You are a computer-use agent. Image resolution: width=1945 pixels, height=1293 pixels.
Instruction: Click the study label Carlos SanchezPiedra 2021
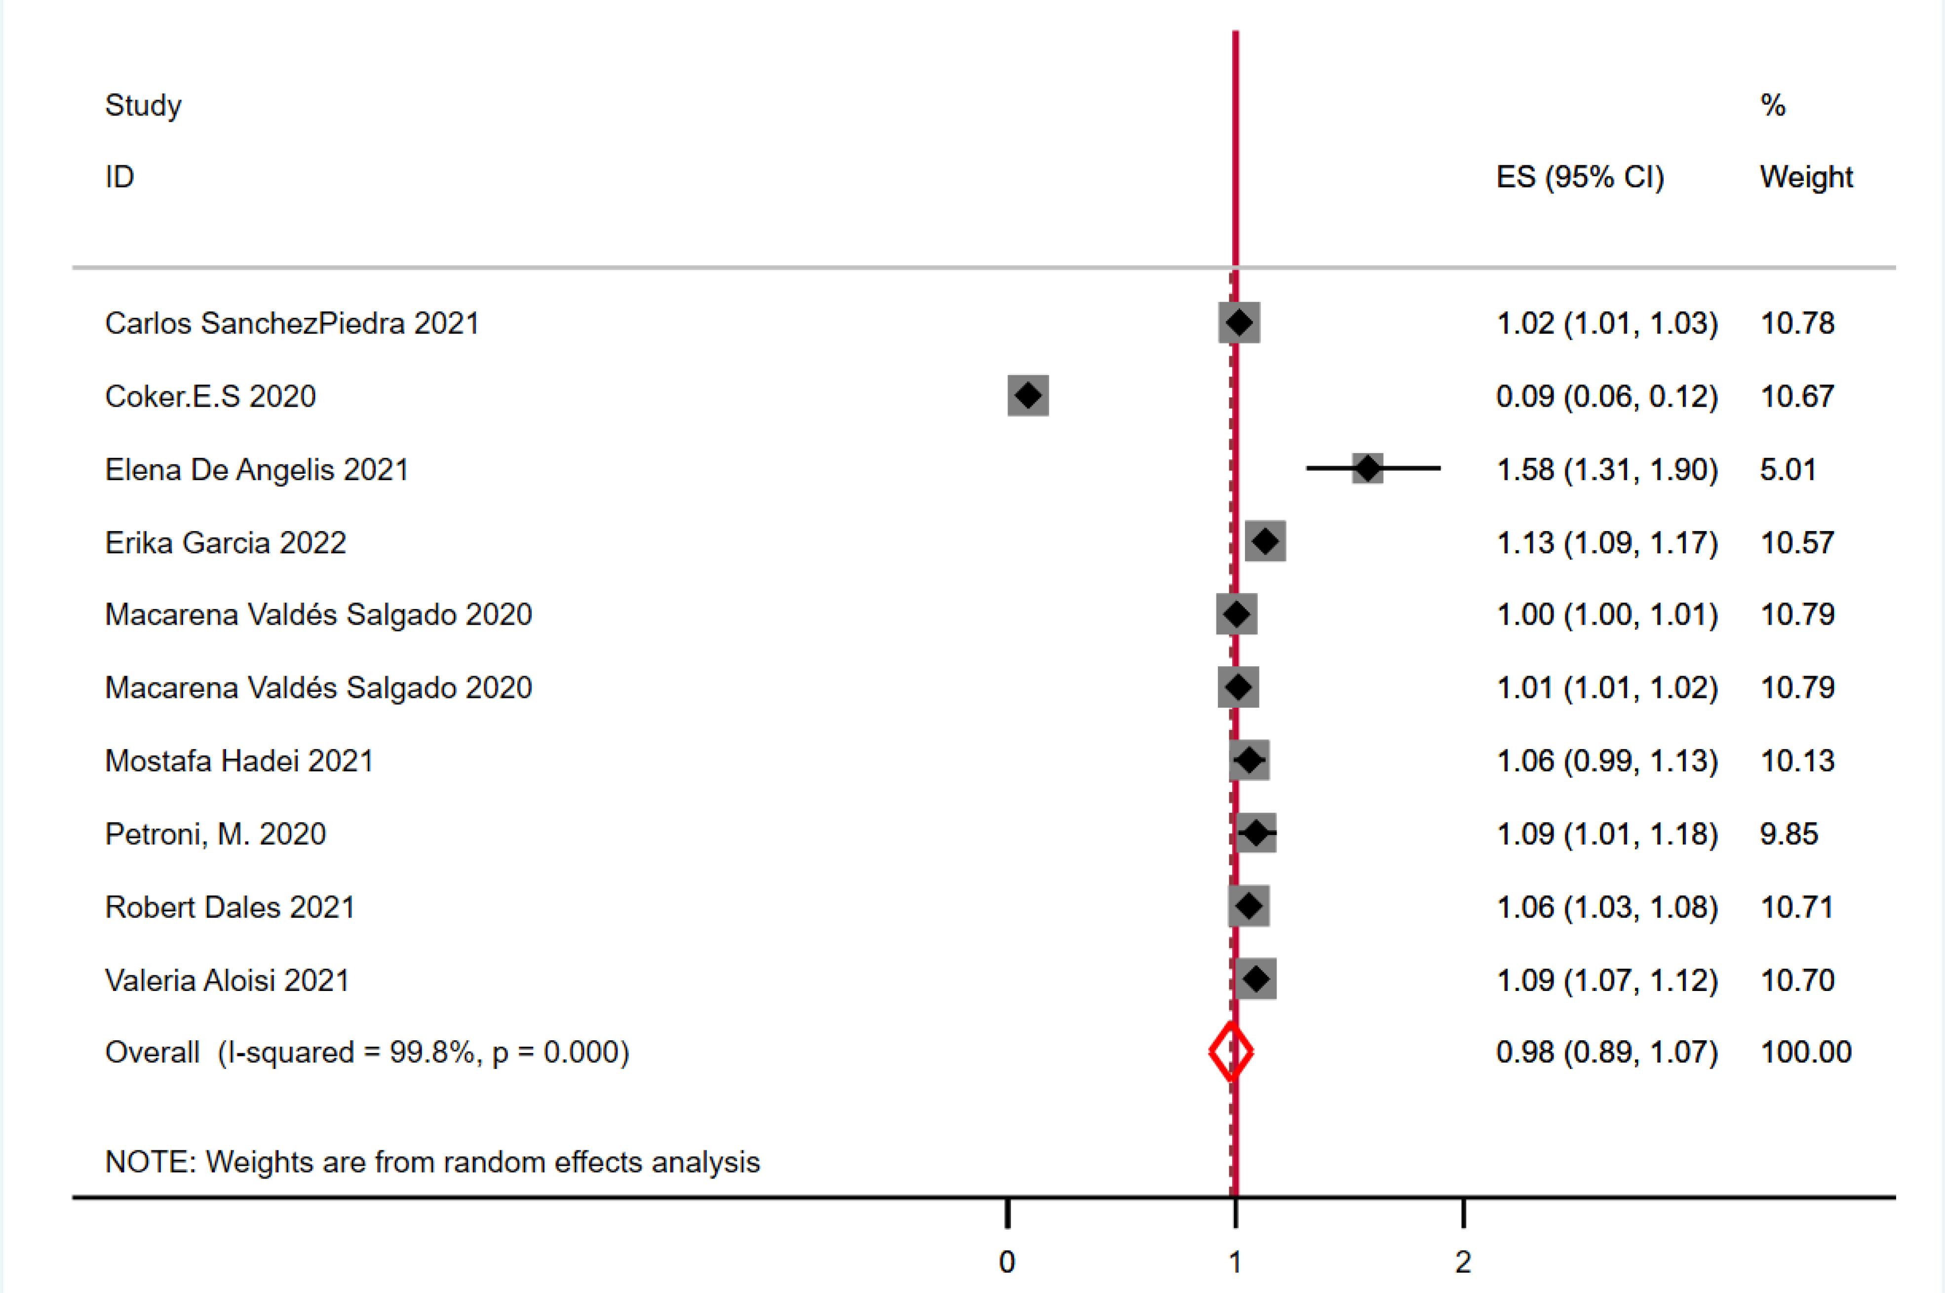pyautogui.click(x=292, y=323)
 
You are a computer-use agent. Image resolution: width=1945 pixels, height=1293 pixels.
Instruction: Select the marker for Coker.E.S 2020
pyautogui.click(x=1028, y=396)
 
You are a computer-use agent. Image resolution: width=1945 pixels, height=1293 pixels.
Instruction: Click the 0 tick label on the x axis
pyautogui.click(x=1007, y=1262)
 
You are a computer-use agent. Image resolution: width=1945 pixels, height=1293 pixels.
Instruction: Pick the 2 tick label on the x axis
pyautogui.click(x=1463, y=1262)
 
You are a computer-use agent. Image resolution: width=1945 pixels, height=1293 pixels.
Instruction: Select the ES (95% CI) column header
pyautogui.click(x=1580, y=177)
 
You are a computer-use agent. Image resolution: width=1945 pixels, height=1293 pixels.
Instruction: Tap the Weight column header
pyautogui.click(x=1806, y=177)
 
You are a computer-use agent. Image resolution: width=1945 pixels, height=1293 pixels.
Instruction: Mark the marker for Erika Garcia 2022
pyautogui.click(x=1265, y=542)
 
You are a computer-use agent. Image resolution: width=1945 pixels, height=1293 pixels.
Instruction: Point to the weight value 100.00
pyautogui.click(x=1806, y=1052)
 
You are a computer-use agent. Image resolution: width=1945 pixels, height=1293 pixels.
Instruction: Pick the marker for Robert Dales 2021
pyautogui.click(x=1249, y=906)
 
